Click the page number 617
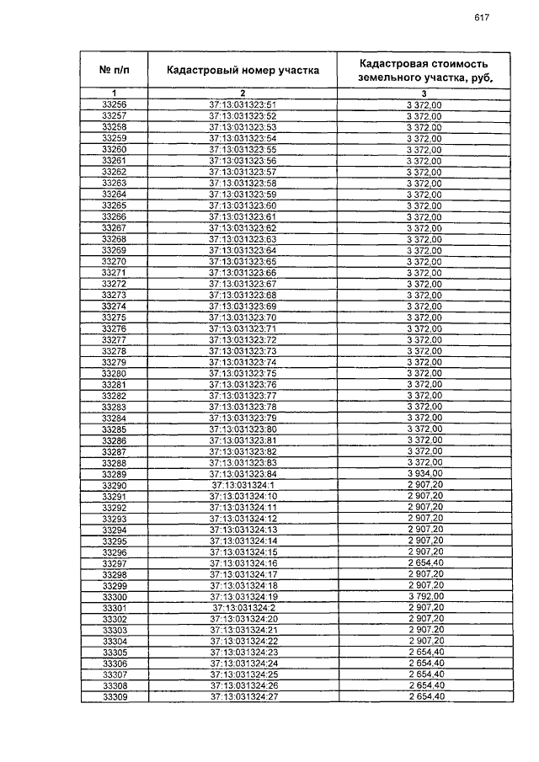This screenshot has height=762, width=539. click(x=482, y=18)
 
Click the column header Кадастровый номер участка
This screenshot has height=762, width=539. click(x=243, y=70)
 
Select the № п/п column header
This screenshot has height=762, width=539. click(x=114, y=70)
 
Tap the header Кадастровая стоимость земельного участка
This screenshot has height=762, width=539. click(x=424, y=70)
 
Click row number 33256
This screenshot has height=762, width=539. click(x=114, y=104)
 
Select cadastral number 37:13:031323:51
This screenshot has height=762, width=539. click(x=243, y=104)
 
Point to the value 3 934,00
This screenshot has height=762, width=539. click(x=424, y=474)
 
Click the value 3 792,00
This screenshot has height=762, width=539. click(x=424, y=597)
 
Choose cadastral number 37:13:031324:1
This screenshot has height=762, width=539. click(x=243, y=485)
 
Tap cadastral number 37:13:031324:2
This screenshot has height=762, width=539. click(x=243, y=608)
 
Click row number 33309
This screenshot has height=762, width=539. click(x=114, y=697)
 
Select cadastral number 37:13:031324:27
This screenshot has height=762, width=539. click(x=243, y=697)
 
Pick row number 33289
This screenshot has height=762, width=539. click(x=114, y=474)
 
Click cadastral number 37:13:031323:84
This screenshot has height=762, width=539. click(x=243, y=474)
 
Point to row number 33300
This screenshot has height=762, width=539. click(x=114, y=597)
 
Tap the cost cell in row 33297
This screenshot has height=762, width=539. click(x=424, y=563)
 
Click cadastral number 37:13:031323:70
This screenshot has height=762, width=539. click(x=243, y=317)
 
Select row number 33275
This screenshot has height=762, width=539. click(x=114, y=317)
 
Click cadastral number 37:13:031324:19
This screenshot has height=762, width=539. click(x=243, y=597)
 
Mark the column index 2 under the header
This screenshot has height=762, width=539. click(x=243, y=93)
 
